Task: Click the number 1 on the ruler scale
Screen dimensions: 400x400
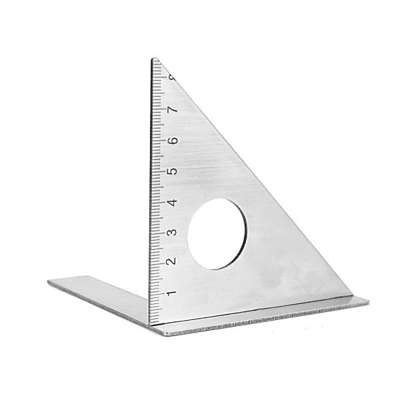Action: click(x=171, y=293)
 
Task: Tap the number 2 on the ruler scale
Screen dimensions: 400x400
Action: click(x=171, y=261)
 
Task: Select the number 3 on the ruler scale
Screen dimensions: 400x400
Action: click(x=172, y=233)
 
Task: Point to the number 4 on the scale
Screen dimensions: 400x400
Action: click(x=173, y=203)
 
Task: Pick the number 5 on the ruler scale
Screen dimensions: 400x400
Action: click(x=173, y=171)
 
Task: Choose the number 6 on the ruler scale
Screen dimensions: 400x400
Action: click(x=173, y=140)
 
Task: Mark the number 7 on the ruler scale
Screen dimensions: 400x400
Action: click(x=173, y=109)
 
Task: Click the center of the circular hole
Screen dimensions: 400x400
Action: click(x=217, y=234)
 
